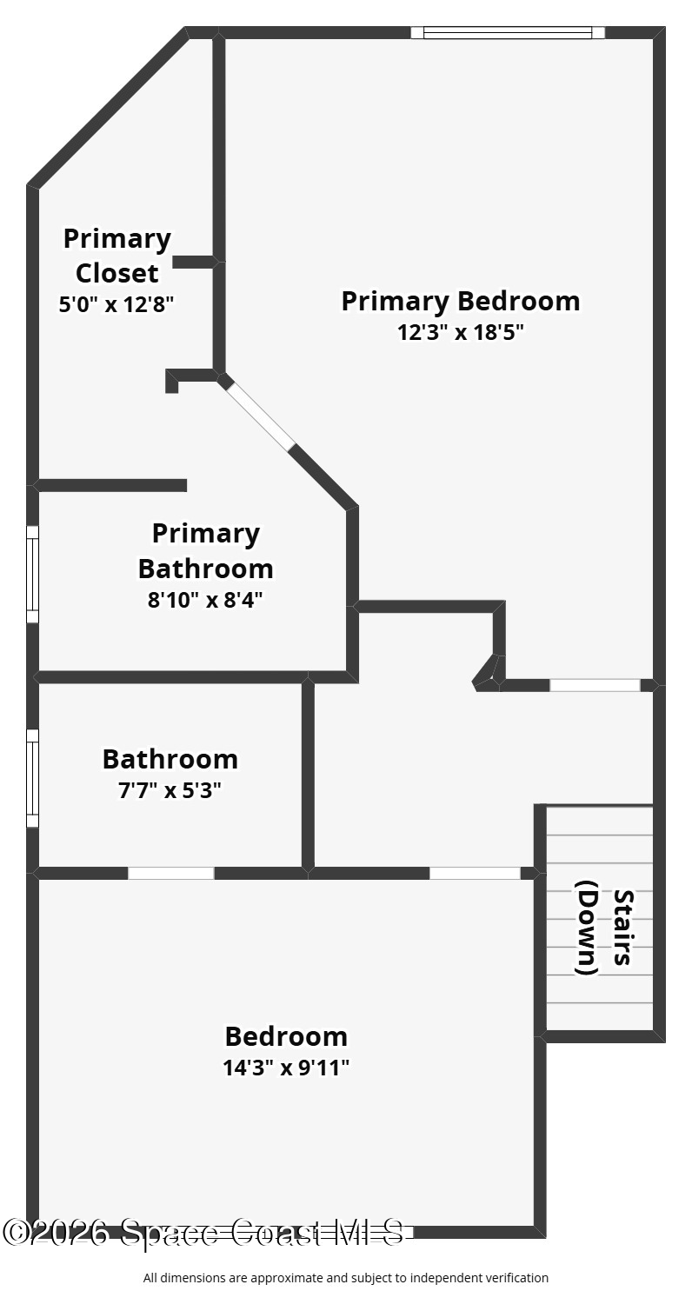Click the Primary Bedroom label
pyautogui.click(x=461, y=301)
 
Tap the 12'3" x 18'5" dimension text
pyautogui.click(x=461, y=332)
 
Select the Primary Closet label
pyautogui.click(x=117, y=256)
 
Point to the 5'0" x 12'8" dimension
pyautogui.click(x=116, y=303)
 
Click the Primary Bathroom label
pyautogui.click(x=206, y=551)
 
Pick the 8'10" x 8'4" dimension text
pyautogui.click(x=206, y=600)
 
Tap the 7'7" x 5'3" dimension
pyautogui.click(x=170, y=789)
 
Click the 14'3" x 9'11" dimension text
pyautogui.click(x=286, y=1068)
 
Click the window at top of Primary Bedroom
pyautogui.click(x=508, y=32)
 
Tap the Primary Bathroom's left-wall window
pyautogui.click(x=33, y=574)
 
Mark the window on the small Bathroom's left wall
pyautogui.click(x=33, y=778)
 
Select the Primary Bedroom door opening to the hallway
pyautogui.click(x=595, y=685)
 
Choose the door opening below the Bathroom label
pyautogui.click(x=171, y=873)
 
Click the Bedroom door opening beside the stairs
pyautogui.click(x=476, y=873)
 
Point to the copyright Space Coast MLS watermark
pyautogui.click(x=203, y=1232)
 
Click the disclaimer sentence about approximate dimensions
pyautogui.click(x=346, y=1278)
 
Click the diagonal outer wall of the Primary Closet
pyautogui.click(x=108, y=107)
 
